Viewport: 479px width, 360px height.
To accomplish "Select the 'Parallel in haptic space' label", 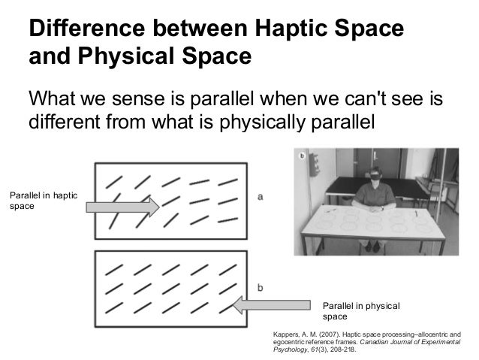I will [x=44, y=200].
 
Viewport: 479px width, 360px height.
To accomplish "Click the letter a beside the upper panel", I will [x=260, y=198].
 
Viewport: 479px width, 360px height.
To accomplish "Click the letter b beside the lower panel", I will [x=260, y=287].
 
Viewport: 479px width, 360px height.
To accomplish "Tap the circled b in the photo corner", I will [x=302, y=156].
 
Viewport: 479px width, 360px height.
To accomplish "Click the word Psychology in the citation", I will [x=292, y=349].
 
